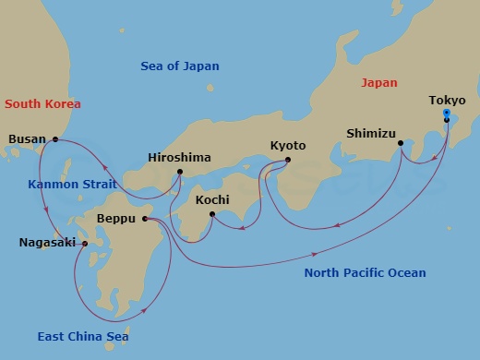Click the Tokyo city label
click(x=448, y=101)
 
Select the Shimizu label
click(x=372, y=132)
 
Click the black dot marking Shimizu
click(x=401, y=143)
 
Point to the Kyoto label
click(x=288, y=146)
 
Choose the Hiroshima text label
click(x=179, y=158)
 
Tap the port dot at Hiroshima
click(x=179, y=172)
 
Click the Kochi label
click(x=213, y=199)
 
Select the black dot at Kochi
click(x=212, y=215)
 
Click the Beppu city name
click(x=117, y=220)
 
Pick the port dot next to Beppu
click(x=146, y=219)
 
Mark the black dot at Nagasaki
click(x=84, y=244)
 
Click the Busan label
click(x=27, y=139)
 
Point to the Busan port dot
click(x=55, y=139)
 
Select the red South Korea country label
click(x=41, y=104)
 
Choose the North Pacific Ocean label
click(x=365, y=272)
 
